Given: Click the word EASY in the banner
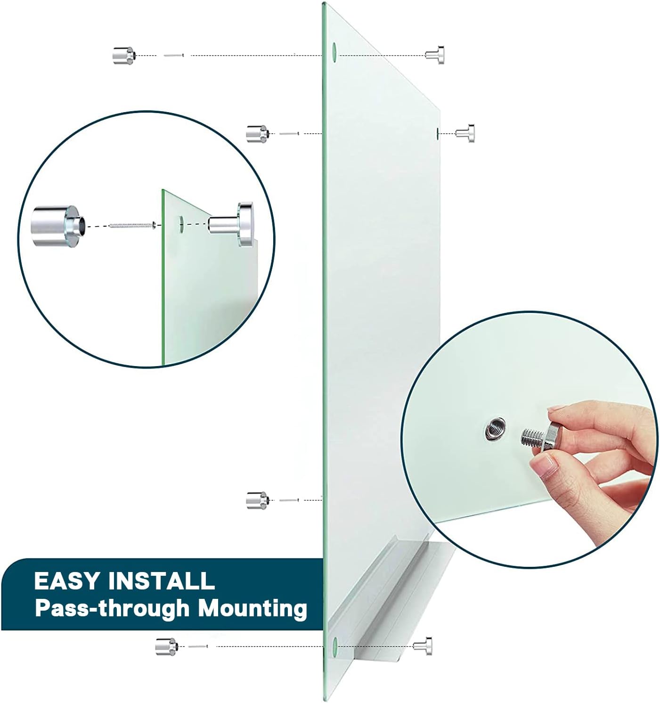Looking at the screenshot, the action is point(67,581).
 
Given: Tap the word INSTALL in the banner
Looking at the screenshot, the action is point(161,581).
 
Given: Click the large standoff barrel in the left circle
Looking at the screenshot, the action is point(58,226).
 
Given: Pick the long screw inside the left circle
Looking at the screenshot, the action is point(132,225).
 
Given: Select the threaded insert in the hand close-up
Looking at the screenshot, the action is point(495,429).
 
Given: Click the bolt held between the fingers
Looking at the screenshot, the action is point(538,437).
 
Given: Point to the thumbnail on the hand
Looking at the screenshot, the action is point(545,466).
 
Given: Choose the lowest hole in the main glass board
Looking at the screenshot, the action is point(334,646).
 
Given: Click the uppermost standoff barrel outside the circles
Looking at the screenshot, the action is point(123,56).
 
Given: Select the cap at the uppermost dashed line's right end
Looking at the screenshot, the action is point(435,55).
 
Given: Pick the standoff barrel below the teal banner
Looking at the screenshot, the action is point(166,647).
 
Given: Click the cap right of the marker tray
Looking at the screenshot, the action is point(423,646).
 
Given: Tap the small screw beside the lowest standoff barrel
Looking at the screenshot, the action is point(198,647).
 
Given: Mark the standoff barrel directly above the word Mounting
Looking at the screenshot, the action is point(257,500).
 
